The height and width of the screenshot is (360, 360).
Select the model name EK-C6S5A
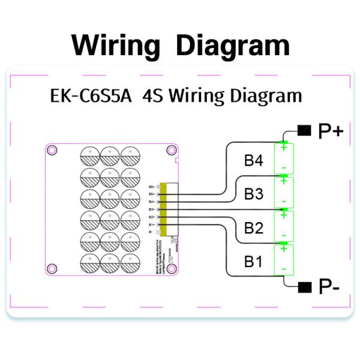point(90,95)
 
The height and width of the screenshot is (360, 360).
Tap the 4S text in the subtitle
point(155,95)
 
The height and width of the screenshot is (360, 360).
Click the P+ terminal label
point(330,131)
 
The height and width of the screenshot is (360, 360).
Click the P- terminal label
point(329,287)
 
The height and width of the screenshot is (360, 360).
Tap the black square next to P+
point(305,130)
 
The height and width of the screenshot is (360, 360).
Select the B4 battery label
point(253,161)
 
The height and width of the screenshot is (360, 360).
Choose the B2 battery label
point(253,228)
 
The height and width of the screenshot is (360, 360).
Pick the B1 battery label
point(253,262)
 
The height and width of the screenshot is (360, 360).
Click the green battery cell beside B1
point(283,260)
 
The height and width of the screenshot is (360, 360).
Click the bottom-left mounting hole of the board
point(52,268)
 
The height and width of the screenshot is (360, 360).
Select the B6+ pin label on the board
point(152,187)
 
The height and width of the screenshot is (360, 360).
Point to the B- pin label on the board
point(152,231)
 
